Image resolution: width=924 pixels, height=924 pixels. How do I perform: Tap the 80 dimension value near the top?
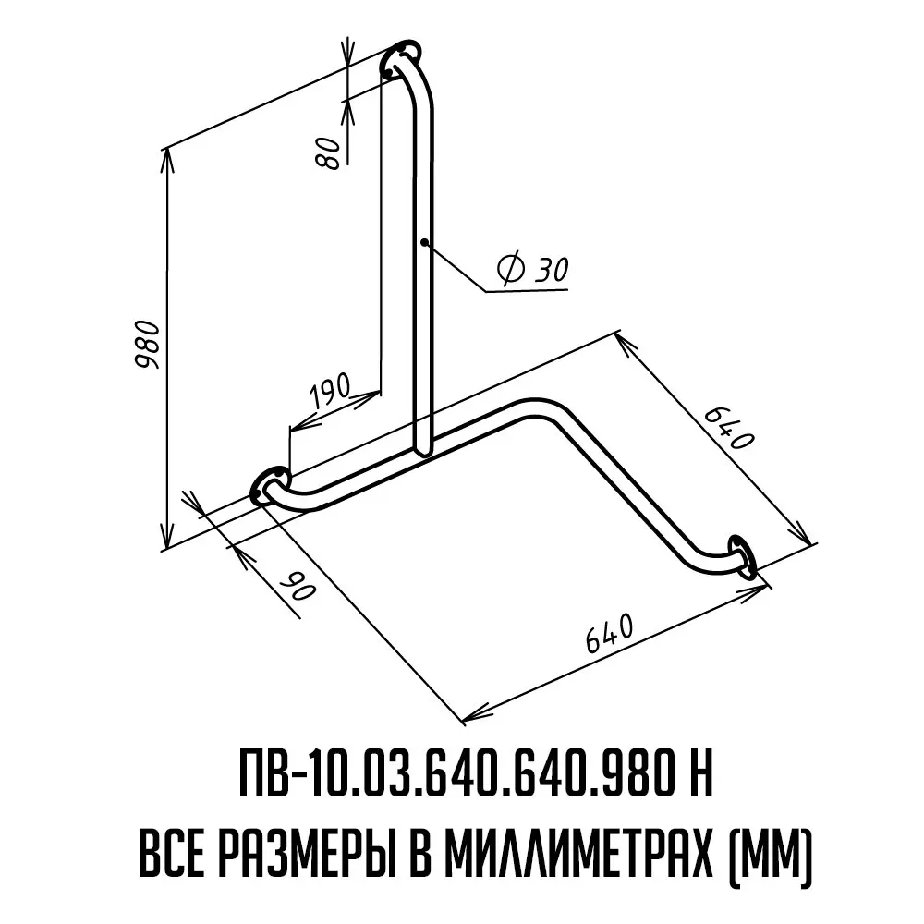point(330,153)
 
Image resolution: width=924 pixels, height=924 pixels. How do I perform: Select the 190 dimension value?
point(331,390)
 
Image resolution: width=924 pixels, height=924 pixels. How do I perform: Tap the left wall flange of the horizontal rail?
point(269,486)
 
